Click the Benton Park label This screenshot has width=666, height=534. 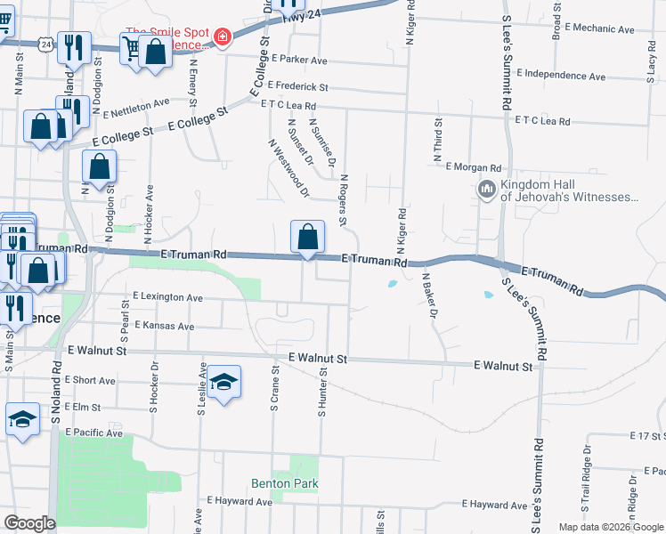[284, 483]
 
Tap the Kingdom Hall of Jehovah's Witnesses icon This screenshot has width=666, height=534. [486, 190]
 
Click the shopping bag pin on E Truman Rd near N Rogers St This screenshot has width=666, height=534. [307, 238]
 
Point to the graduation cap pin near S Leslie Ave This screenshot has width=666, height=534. [225, 383]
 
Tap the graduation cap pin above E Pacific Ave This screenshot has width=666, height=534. [22, 420]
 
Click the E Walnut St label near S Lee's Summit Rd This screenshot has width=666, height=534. [503, 365]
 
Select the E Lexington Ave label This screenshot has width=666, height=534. [167, 296]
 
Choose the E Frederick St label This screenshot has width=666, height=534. [299, 88]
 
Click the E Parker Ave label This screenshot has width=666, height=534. [301, 61]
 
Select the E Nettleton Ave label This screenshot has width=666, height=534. [136, 107]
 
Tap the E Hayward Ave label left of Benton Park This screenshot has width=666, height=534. [239, 502]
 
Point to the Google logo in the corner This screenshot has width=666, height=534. [29, 523]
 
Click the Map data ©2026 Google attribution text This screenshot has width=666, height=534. [610, 527]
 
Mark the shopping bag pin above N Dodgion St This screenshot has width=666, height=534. [99, 166]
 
